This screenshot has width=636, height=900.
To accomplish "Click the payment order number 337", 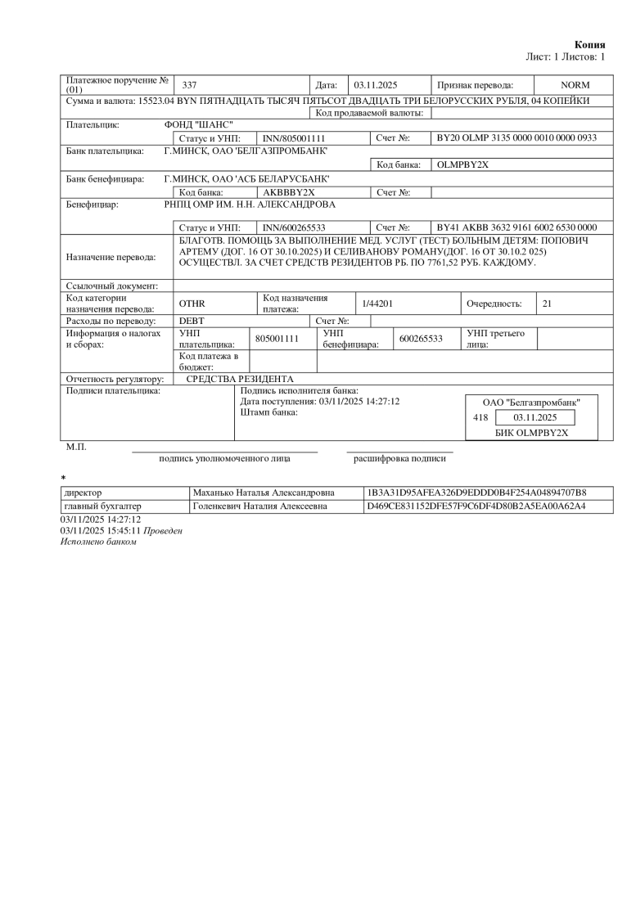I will click(189, 85).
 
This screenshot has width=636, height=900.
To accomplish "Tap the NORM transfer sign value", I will click(575, 85).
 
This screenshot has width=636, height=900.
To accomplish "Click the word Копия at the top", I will click(589, 44).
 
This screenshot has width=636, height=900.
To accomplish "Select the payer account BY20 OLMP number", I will click(517, 139).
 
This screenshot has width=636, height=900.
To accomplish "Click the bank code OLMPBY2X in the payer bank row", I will click(463, 164).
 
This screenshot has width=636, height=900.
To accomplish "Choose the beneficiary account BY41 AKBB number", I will click(517, 227).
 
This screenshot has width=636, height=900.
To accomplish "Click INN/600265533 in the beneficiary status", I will click(295, 227).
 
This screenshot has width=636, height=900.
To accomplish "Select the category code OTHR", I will click(192, 304).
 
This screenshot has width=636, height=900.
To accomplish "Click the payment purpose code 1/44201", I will click(378, 304).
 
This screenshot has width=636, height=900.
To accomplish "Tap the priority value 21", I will click(548, 304).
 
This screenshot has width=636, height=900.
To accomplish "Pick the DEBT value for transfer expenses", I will click(192, 321).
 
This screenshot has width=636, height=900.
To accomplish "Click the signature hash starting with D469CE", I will click(476, 506).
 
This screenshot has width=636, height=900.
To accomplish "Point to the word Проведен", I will click(163, 531).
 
